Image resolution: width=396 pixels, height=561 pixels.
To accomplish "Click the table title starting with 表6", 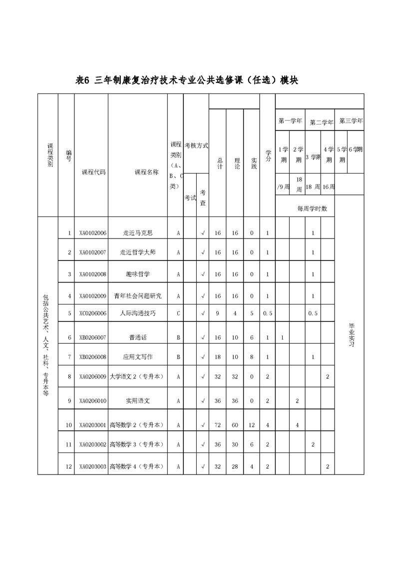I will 186,80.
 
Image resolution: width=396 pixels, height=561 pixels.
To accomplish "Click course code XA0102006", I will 93,233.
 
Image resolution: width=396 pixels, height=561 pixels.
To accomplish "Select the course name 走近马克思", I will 137,233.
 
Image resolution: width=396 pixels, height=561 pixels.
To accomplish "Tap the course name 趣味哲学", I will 137,274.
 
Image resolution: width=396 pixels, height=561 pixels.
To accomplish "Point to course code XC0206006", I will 93,313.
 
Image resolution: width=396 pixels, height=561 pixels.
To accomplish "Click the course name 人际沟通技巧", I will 137,313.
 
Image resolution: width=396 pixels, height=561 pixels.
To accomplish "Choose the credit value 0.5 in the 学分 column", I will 268,313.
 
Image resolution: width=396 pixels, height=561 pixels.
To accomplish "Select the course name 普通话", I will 137,337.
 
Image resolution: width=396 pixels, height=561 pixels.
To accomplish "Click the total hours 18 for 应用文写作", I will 218,357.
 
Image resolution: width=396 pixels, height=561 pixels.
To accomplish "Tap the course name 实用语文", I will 137,400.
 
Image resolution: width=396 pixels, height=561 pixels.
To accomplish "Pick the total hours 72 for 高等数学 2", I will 218,425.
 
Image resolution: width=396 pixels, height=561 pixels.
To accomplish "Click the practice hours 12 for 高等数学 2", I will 251,425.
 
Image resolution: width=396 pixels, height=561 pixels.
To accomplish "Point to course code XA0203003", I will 93,466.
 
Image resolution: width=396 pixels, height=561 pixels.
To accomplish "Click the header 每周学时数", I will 312,208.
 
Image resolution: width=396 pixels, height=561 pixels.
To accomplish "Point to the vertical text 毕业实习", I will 351,335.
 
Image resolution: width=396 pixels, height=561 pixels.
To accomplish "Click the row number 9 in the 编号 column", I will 69,400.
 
